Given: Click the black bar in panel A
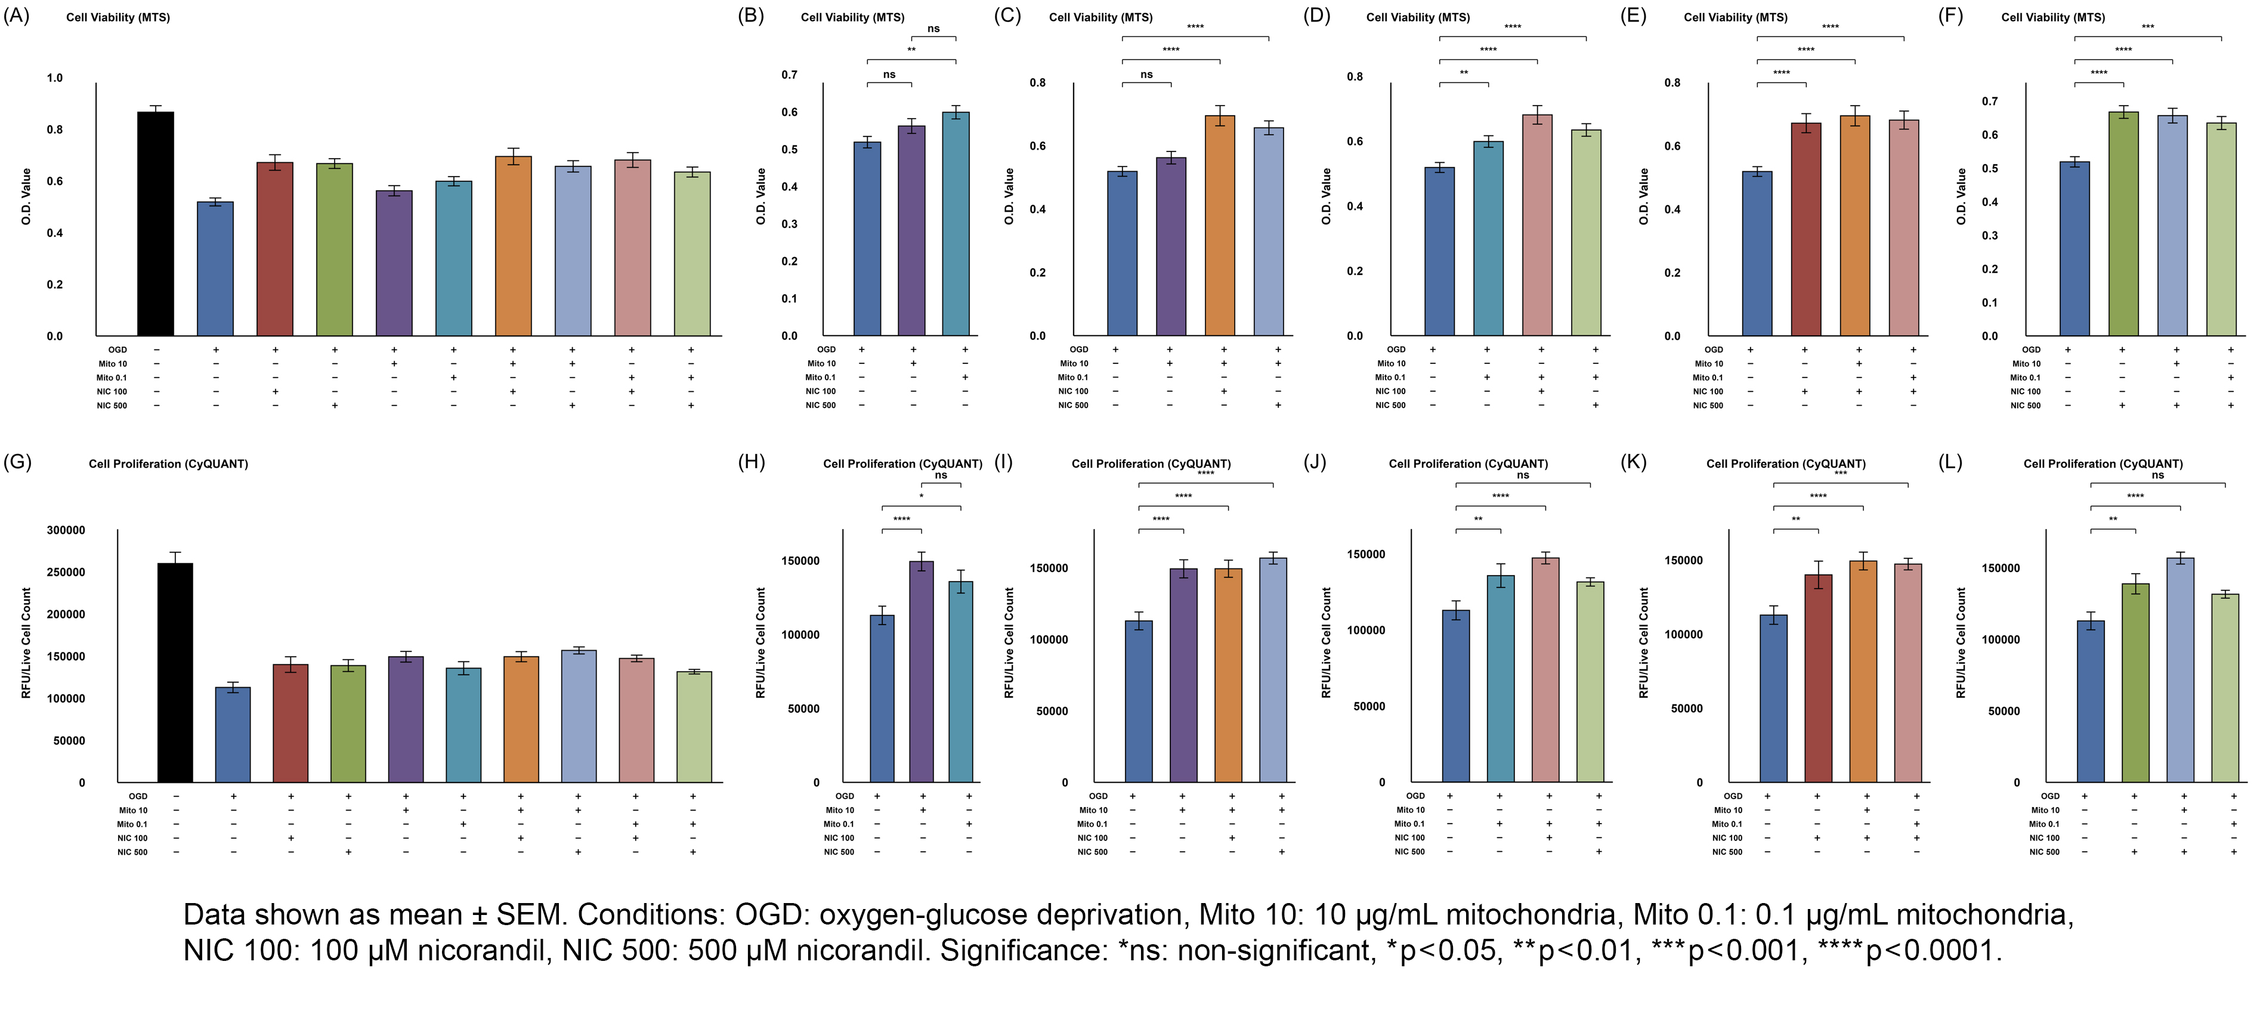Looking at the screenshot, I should pos(156,224).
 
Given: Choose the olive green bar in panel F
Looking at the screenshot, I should pos(2123,224).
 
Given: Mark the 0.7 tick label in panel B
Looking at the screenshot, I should pos(790,75).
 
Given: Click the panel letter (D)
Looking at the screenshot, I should pos(1316,16).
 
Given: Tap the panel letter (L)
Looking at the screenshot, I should pos(1950,462).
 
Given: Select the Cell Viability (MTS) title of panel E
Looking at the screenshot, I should pos(1735,17).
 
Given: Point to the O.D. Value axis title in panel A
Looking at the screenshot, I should pos(26,196).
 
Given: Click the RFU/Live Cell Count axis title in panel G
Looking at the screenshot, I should pos(26,642).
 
